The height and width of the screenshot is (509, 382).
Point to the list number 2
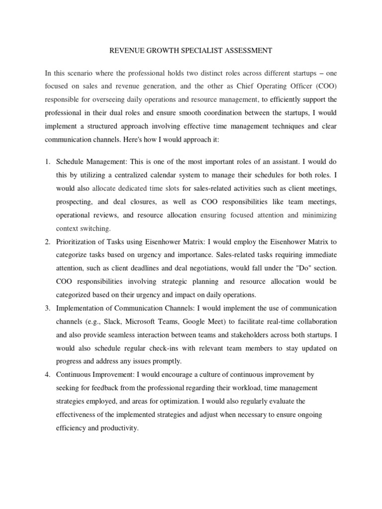47,242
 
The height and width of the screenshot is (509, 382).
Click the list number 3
47,308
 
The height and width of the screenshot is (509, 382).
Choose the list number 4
47,374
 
